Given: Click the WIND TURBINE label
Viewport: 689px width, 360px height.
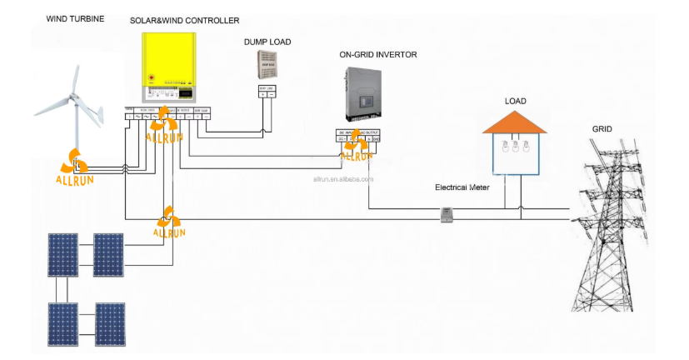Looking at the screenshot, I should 75,18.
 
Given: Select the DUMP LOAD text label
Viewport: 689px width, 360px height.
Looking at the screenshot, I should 267,42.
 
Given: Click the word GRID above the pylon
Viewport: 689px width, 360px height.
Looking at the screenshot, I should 603,130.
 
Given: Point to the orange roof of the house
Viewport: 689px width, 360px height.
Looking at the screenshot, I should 516,122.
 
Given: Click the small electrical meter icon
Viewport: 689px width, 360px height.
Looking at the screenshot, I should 446,215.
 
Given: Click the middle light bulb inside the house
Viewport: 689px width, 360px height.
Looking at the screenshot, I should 516,149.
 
